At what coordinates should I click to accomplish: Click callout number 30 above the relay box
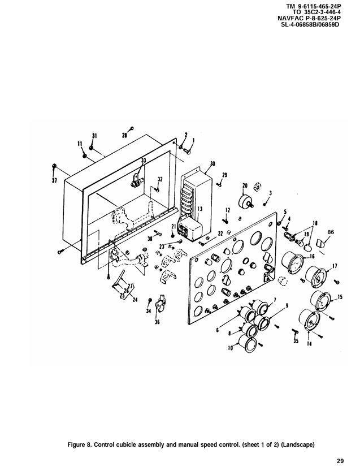click(x=212, y=164)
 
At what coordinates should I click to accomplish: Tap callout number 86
click(x=330, y=232)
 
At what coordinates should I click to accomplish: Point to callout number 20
click(x=245, y=185)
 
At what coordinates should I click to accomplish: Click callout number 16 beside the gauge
click(x=312, y=256)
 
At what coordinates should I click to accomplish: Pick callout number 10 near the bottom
click(x=231, y=348)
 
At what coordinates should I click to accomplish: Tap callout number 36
click(x=157, y=322)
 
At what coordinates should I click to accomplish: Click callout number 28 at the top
click(x=124, y=136)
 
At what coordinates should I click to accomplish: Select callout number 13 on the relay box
click(x=200, y=209)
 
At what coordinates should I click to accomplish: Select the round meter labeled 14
click(x=309, y=321)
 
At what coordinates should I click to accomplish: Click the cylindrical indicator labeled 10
click(x=246, y=344)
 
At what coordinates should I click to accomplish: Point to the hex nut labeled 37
click(x=54, y=166)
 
